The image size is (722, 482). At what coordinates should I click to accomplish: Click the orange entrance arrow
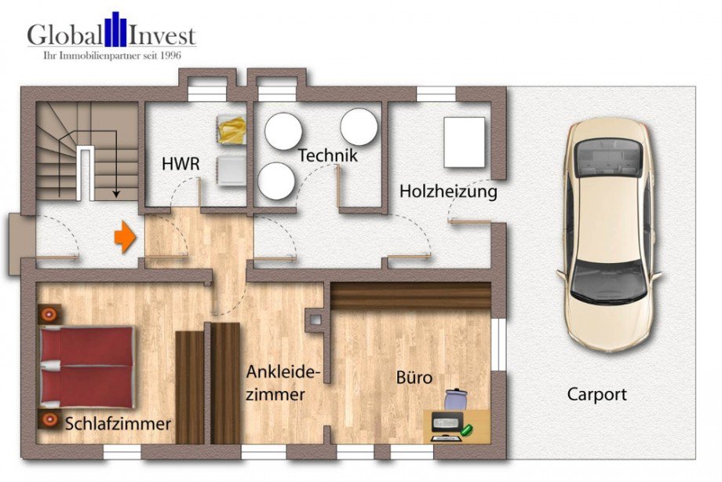126,237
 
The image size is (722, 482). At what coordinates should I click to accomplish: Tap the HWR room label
180,163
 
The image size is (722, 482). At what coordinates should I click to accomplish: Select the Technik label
328,155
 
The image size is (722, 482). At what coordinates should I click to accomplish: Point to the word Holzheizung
448,192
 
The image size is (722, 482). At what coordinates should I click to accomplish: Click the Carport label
596,395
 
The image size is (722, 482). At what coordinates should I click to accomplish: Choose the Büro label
414,378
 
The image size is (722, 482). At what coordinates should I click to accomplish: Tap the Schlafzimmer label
118,424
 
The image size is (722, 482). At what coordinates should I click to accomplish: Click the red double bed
86,367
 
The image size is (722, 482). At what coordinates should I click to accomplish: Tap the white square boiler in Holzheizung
464,142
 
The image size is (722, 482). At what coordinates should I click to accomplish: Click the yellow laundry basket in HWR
232,130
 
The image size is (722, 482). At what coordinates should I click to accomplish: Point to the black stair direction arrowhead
116,194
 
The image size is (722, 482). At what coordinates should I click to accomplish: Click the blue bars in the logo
115,30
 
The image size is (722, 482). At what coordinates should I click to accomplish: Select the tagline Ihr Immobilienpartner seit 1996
112,56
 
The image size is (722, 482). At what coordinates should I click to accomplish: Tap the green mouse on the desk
467,430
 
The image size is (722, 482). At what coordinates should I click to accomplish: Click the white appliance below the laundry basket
232,170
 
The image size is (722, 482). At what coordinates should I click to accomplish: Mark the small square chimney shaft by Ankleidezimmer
315,320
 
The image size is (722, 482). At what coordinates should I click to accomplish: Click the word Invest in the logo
162,35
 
